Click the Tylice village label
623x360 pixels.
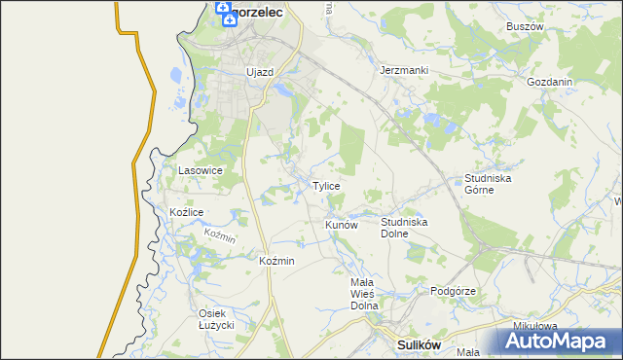coord(326,186)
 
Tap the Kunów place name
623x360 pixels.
coord(342,225)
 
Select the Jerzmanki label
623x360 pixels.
coord(404,71)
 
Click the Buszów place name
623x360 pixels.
coord(524,26)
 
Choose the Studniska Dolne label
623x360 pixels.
coord(404,228)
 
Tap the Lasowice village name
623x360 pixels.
coord(201,170)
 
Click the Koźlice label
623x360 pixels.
coord(186,212)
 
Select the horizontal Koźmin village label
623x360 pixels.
coord(277,261)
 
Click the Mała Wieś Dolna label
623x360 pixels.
coord(363,293)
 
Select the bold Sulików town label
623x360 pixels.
coord(421,344)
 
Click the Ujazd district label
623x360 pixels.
coord(260,72)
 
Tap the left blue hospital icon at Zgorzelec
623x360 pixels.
coord(221,13)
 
